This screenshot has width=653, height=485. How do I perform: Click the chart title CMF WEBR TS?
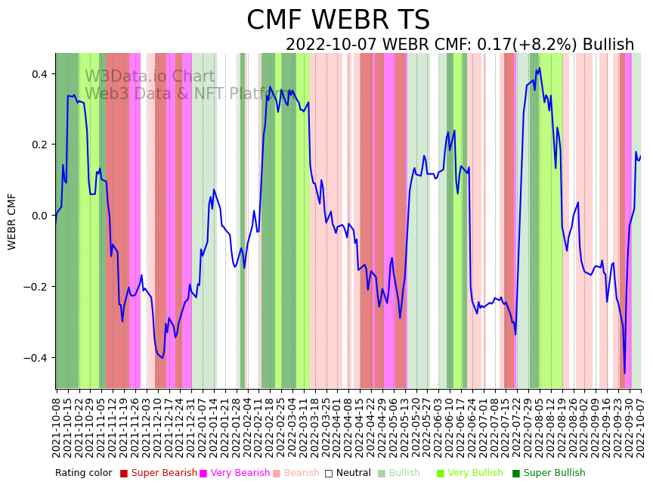[338, 20]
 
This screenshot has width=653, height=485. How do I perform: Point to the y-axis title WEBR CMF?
[12, 221]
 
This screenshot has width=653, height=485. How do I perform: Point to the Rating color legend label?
[83, 474]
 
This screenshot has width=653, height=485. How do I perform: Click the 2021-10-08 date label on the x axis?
[57, 424]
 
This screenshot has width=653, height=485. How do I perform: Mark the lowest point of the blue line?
[624, 373]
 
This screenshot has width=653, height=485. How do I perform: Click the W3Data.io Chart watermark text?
[150, 77]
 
